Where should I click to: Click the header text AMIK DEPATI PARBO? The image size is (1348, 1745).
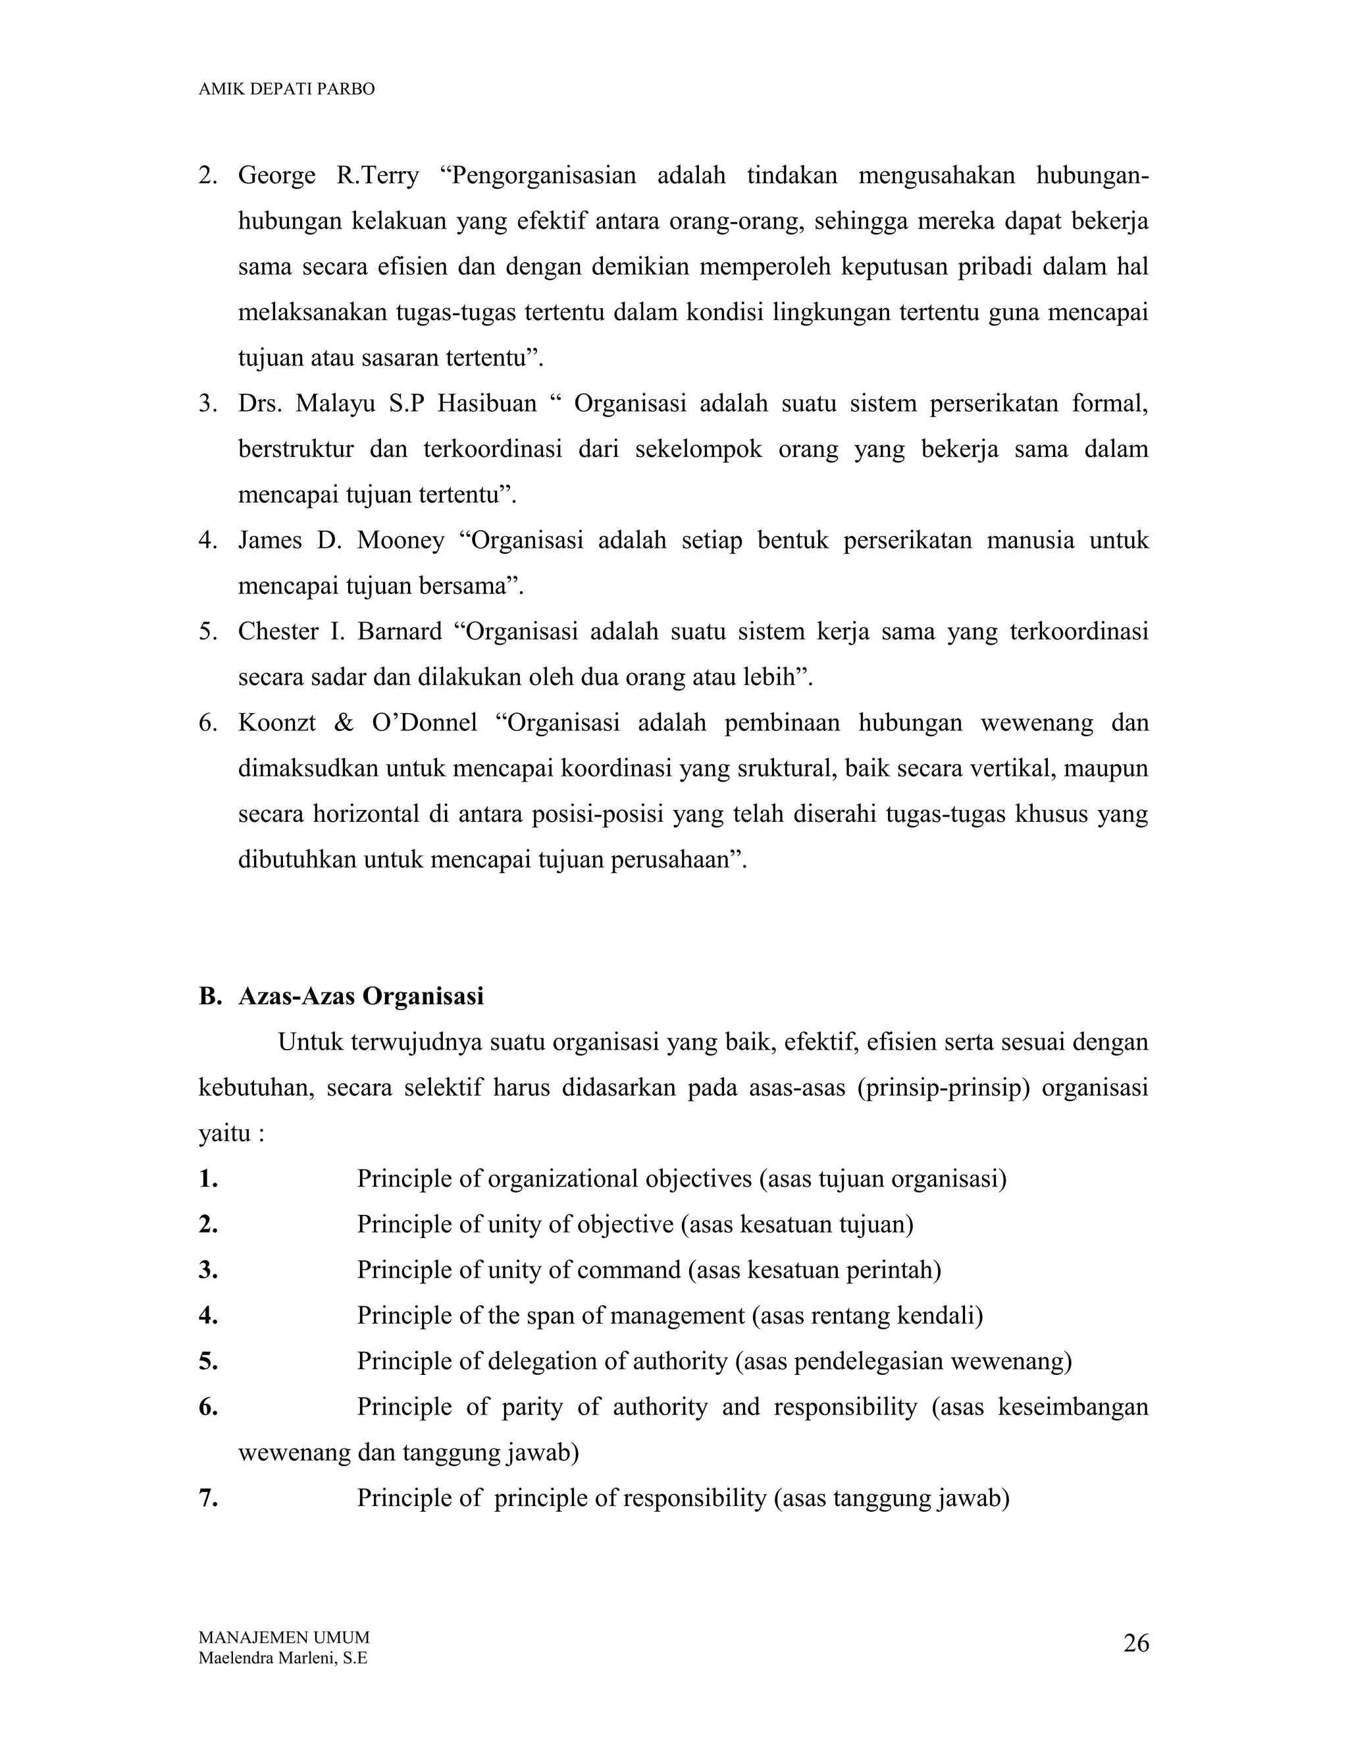[286, 90]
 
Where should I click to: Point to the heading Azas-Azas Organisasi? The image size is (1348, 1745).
[361, 996]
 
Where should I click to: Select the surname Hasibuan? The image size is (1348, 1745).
[487, 404]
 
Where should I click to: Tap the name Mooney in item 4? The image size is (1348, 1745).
[400, 541]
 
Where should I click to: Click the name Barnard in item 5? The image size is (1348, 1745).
[400, 632]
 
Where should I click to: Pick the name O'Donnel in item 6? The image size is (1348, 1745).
[425, 723]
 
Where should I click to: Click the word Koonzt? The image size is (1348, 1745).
[276, 723]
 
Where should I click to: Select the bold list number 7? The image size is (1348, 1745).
[209, 1498]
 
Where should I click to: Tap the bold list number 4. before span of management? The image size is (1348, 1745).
[209, 1316]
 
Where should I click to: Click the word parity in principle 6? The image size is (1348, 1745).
[533, 1407]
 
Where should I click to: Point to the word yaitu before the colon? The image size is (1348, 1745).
[224, 1134]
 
